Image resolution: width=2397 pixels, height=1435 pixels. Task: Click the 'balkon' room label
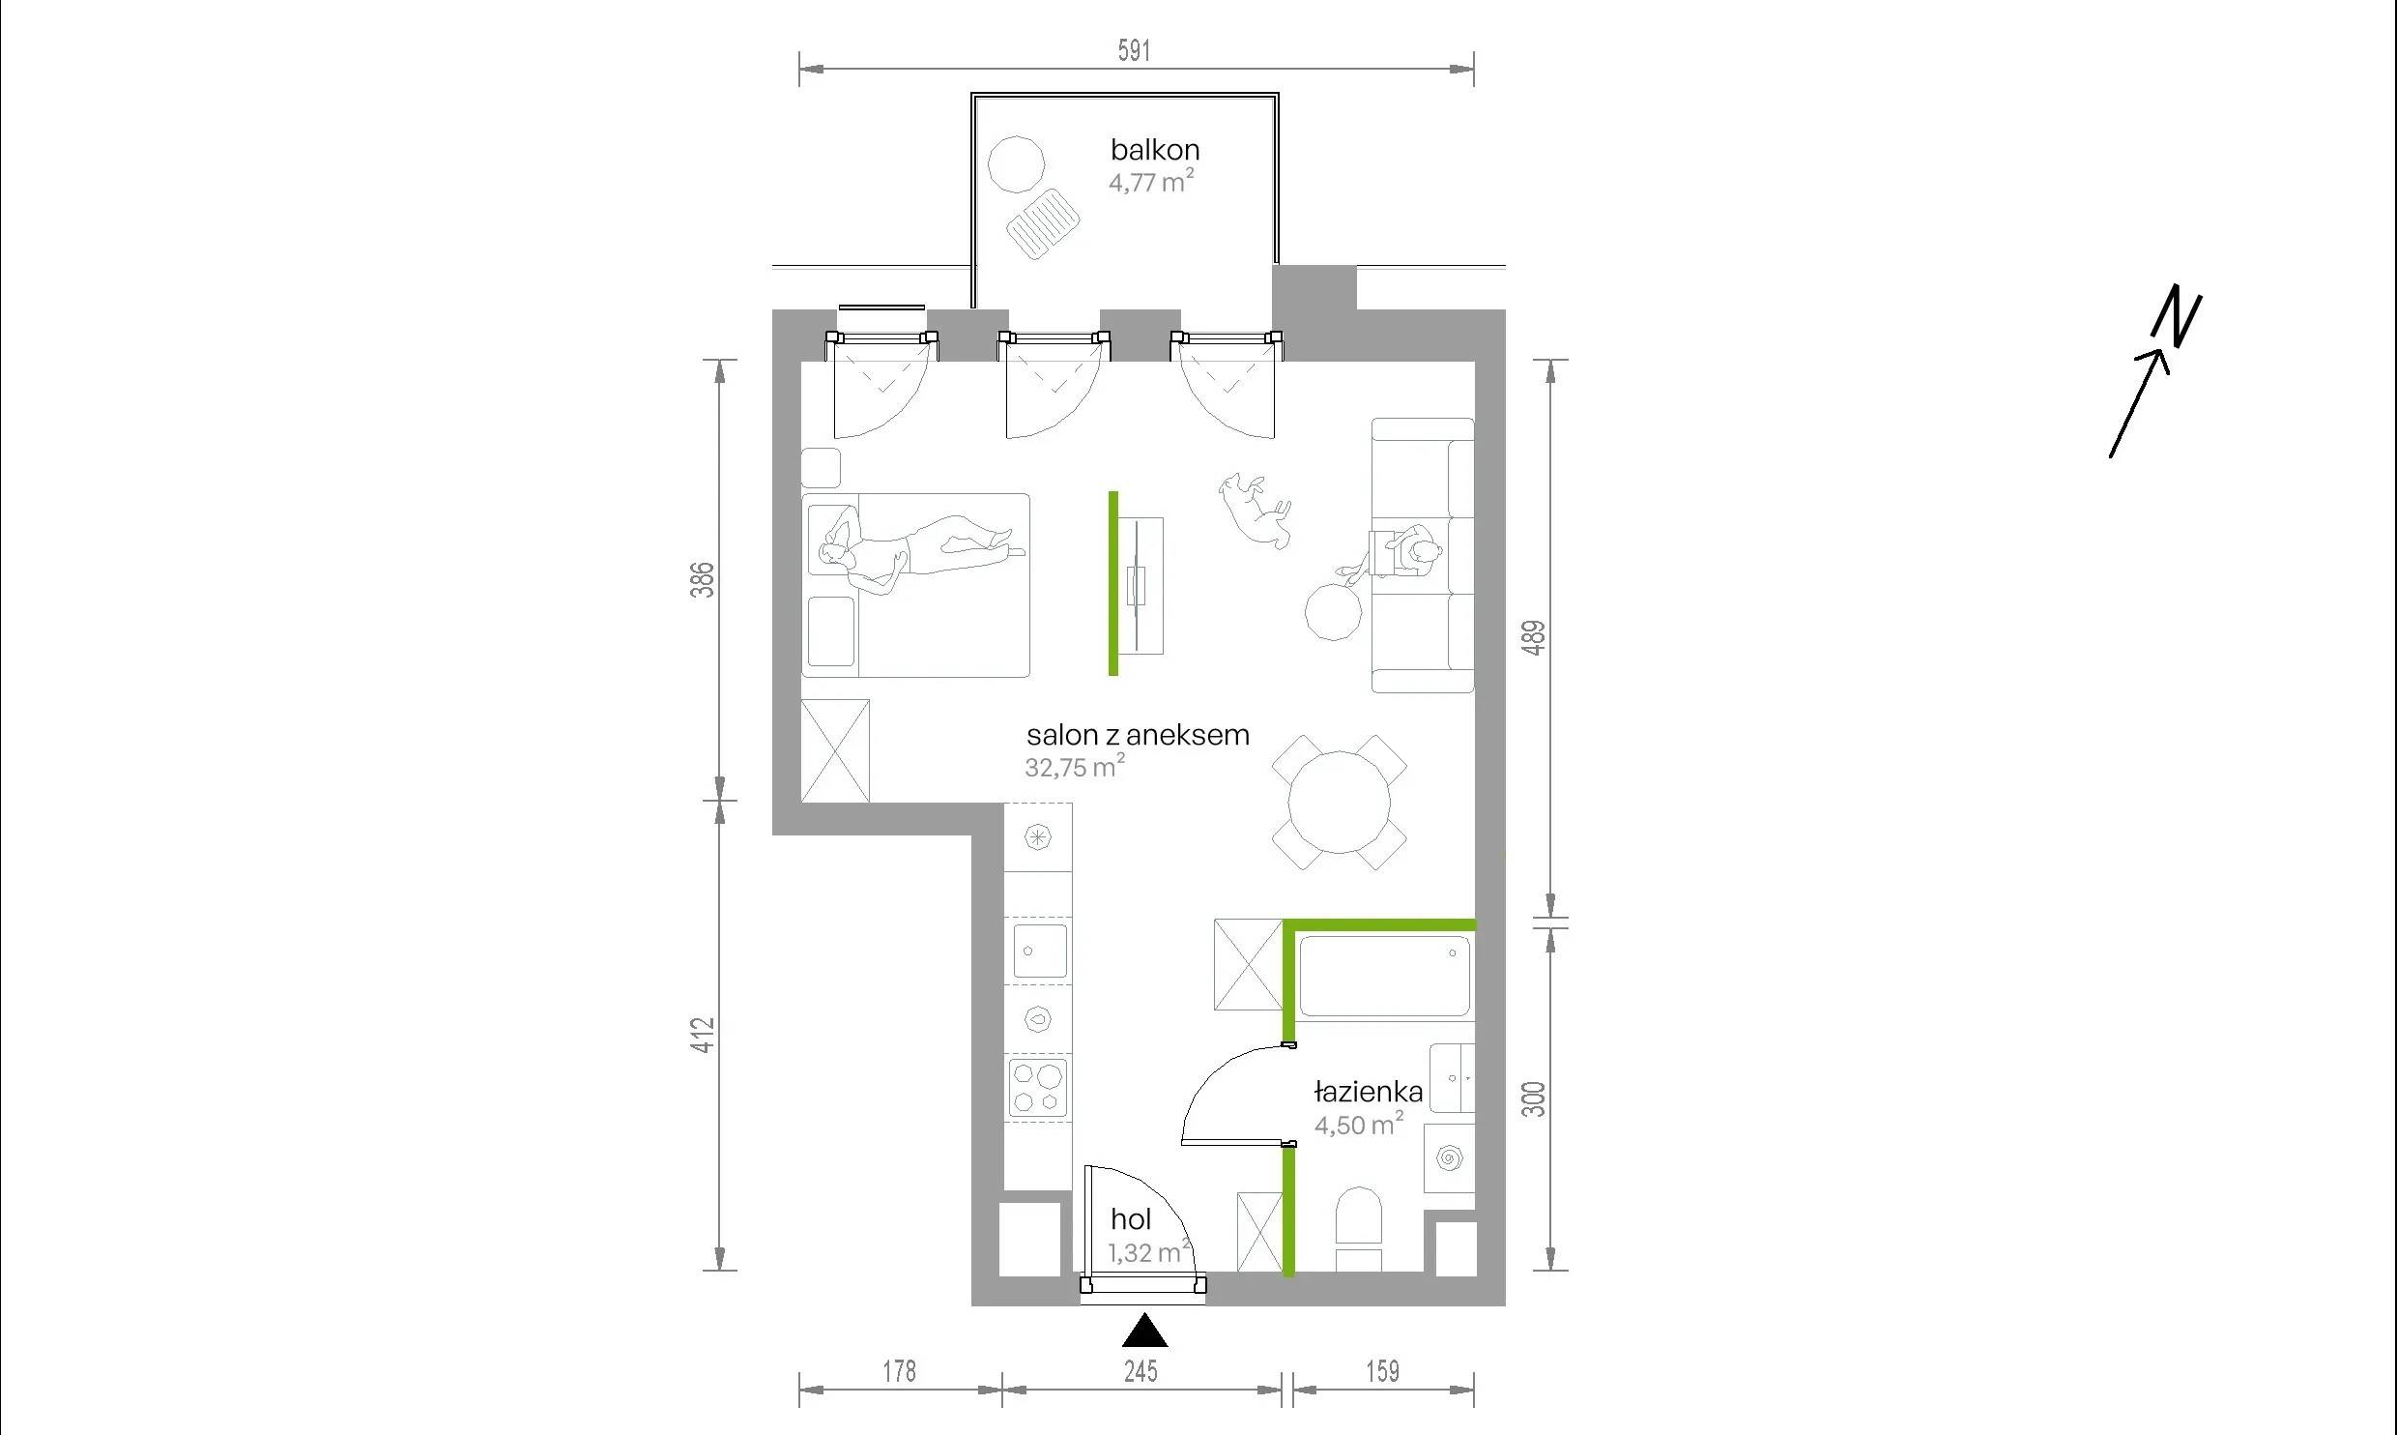(1155, 150)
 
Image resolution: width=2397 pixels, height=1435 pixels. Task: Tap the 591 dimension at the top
(1135, 50)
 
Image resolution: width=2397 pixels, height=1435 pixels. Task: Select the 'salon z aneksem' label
(1138, 735)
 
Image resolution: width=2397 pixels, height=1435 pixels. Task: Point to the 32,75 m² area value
(1075, 767)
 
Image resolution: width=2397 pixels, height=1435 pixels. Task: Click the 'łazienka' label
(1369, 1092)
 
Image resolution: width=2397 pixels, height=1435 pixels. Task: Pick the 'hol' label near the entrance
(1130, 1219)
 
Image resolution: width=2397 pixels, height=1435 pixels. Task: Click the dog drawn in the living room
(1255, 511)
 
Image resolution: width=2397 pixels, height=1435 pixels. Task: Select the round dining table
(1340, 803)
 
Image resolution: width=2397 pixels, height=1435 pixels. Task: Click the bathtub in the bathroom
(1385, 976)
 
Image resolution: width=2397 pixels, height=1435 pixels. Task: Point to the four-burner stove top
(1038, 1087)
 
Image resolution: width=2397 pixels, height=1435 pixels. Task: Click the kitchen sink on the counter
(1040, 950)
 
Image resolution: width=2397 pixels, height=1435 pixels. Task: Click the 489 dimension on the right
(1535, 637)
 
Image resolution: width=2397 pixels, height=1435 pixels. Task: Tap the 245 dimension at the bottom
(1141, 1371)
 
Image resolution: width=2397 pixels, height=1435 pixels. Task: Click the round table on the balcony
(1017, 164)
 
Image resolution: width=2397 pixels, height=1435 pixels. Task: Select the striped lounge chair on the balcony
(1043, 224)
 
